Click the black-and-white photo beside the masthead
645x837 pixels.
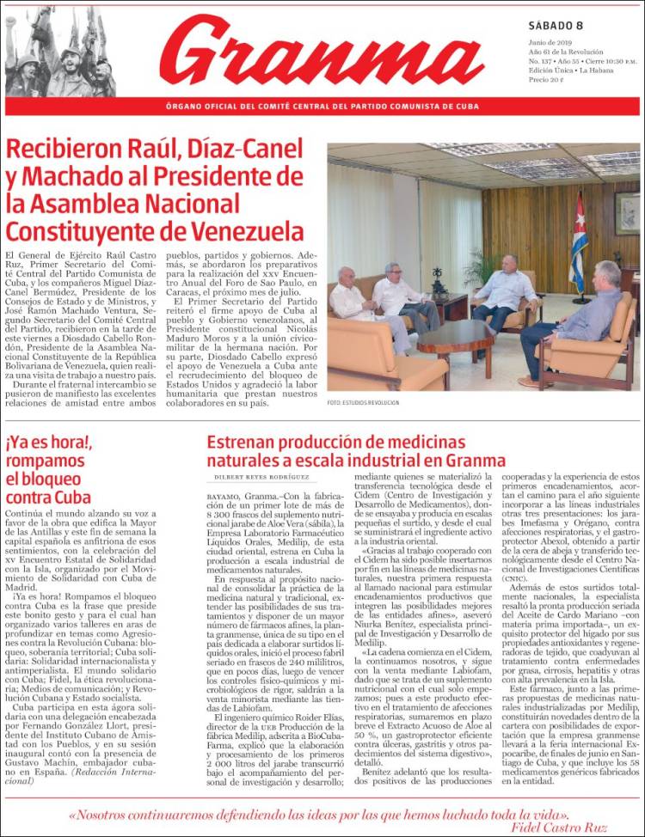60,52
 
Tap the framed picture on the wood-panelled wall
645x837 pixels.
627,212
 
